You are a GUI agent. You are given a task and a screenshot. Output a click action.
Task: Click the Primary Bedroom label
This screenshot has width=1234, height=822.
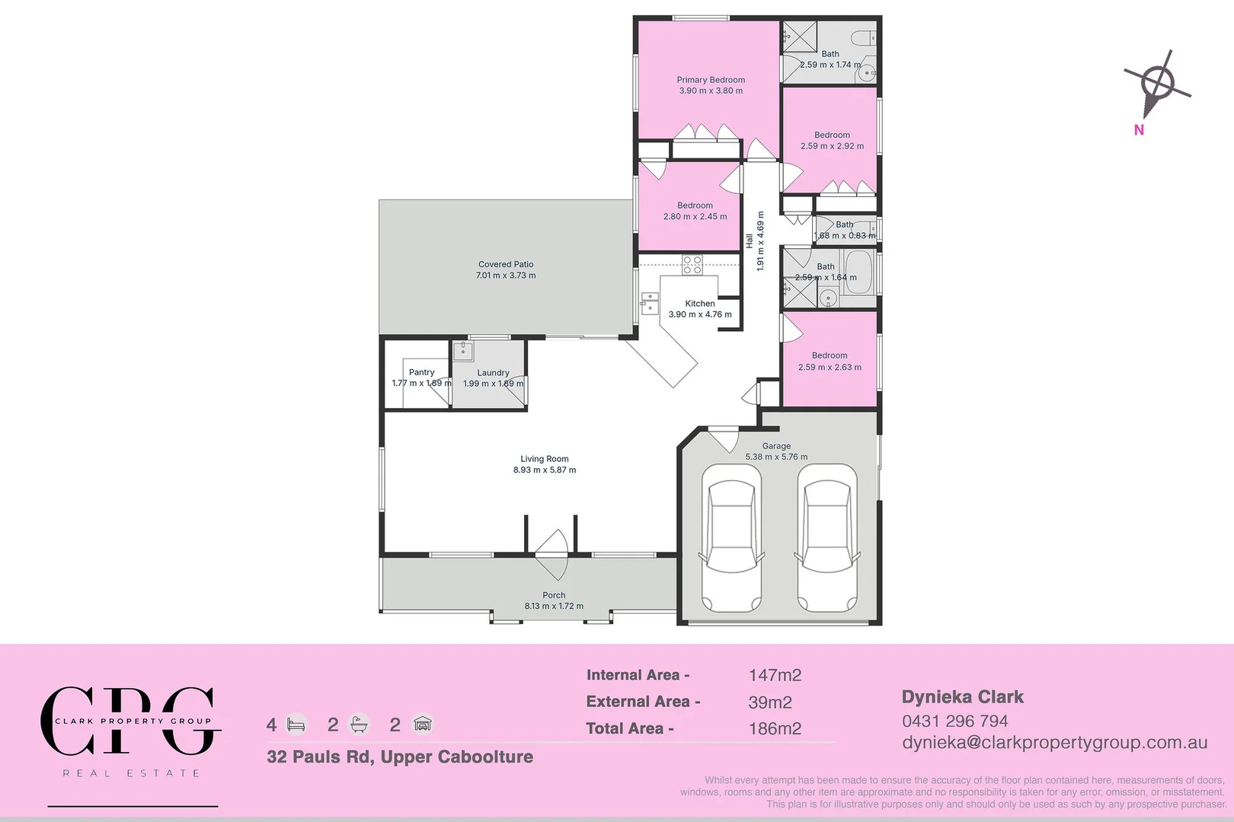710,80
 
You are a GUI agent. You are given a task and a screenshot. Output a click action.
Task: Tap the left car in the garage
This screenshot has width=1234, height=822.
731,537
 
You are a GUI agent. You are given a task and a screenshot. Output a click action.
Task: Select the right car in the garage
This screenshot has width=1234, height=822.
827,537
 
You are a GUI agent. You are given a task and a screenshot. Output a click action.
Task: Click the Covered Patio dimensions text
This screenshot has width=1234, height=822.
506,276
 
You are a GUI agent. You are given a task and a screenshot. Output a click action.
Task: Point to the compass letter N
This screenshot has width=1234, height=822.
1139,130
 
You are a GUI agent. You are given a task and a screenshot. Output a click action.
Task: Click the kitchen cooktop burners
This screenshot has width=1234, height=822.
692,265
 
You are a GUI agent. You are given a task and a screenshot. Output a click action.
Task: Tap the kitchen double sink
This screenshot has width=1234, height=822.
649,302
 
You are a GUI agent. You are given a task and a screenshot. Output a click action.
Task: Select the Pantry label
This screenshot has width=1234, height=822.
421,372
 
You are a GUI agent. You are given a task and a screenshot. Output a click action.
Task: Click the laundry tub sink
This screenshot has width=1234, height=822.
463,351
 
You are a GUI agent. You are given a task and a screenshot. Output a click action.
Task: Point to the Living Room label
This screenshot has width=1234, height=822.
544,459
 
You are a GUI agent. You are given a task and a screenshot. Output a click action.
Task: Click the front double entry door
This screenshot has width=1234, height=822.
551,555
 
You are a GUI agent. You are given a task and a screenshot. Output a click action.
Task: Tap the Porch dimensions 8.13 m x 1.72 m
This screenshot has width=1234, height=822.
554,607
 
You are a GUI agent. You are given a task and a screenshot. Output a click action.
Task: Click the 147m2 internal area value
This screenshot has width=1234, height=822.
775,675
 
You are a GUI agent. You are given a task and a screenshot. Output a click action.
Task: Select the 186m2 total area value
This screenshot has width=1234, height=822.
775,728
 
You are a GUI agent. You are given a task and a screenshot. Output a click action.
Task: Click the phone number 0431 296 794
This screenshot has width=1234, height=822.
954,721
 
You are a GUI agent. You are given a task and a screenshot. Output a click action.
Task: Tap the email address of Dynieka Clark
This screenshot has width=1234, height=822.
1054,743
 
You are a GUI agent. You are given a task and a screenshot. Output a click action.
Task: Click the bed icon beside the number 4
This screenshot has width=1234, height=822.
296,725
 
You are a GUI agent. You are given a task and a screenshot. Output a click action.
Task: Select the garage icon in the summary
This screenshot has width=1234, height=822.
423,724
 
